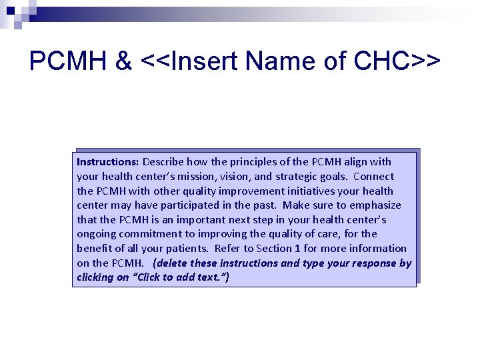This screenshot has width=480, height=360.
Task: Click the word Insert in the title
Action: pyautogui.click(x=205, y=61)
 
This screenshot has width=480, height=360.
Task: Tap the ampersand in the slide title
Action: pyautogui.click(x=123, y=61)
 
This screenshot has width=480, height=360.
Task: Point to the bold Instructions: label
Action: pyautogui.click(x=107, y=161)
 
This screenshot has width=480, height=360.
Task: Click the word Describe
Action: pyautogui.click(x=163, y=161)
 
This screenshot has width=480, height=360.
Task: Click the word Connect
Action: pyautogui.click(x=373, y=177)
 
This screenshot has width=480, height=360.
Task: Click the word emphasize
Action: pyautogui.click(x=375, y=205)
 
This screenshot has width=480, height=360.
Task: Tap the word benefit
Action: pyautogui.click(x=93, y=248)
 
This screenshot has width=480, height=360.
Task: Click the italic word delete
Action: pyautogui.click(x=172, y=263)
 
